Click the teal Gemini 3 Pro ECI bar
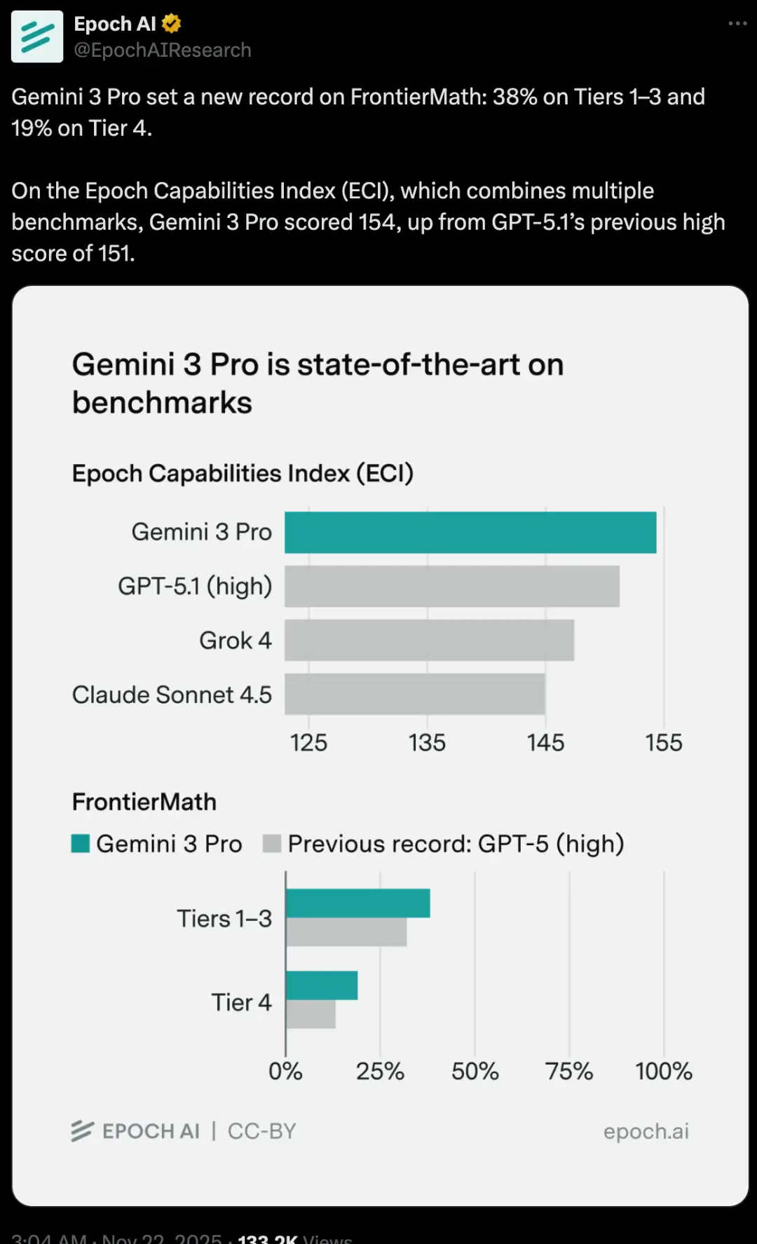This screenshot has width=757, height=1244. point(470,533)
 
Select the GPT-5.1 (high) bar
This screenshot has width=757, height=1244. point(452,586)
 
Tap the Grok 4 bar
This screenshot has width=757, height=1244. point(429,640)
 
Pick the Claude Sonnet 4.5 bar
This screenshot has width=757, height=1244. point(415,694)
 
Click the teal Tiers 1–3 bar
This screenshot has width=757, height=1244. point(358,903)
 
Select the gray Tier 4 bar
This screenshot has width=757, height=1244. point(311,1014)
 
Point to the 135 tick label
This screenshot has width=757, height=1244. point(427,743)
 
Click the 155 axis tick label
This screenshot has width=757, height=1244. point(663,743)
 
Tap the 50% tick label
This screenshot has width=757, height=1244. point(475,1071)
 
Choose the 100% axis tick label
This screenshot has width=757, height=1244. point(663,1071)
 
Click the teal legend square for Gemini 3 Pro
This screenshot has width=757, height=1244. point(81,844)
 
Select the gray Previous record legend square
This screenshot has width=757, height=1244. point(272,844)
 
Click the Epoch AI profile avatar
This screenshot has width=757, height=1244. point(37,36)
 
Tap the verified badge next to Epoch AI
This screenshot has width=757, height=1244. point(171,24)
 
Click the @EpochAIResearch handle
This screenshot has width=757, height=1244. point(163,50)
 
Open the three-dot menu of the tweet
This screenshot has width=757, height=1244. point(737,24)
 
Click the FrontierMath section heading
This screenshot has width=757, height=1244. point(144,802)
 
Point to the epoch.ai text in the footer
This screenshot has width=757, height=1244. point(646,1131)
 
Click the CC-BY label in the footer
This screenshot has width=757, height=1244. point(261,1131)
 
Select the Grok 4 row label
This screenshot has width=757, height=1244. point(235,641)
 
